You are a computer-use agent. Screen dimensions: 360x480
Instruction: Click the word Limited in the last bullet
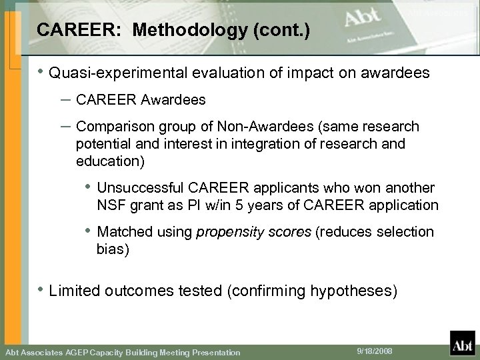coord(72,291)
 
